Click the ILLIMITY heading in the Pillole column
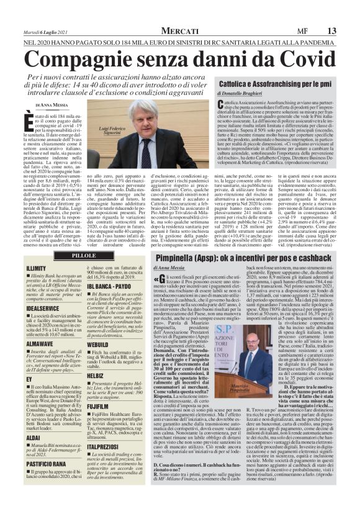point(37,268)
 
